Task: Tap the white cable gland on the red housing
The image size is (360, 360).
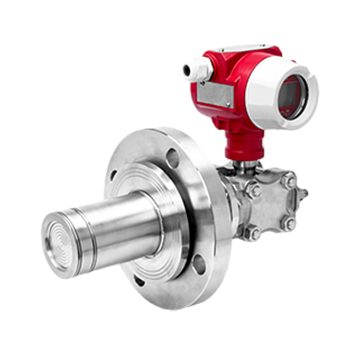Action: tap(197, 67)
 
